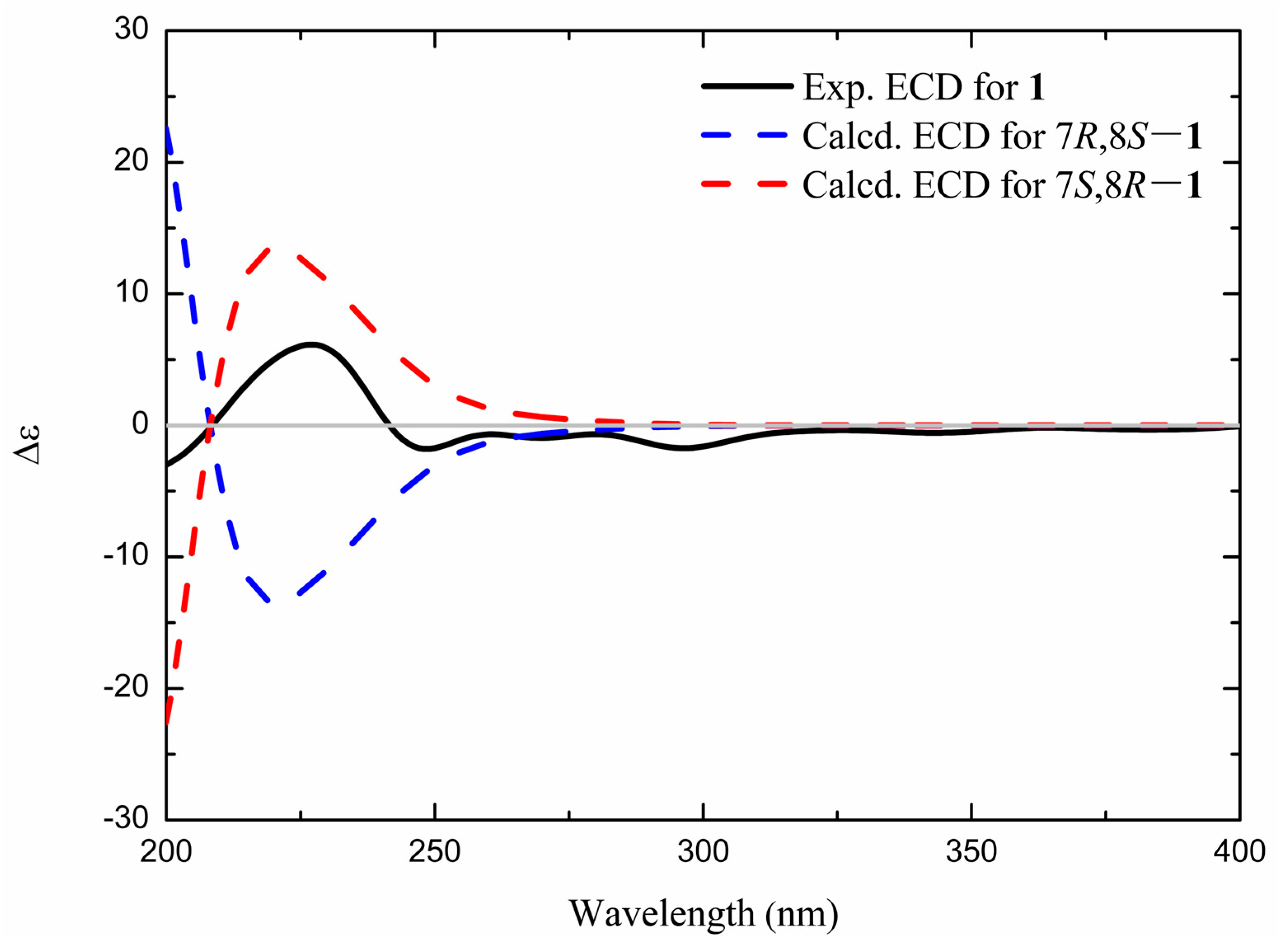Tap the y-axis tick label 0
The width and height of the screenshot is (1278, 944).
point(140,424)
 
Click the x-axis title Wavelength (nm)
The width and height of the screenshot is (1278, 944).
point(703,913)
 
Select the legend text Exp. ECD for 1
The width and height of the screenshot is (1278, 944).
point(923,89)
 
